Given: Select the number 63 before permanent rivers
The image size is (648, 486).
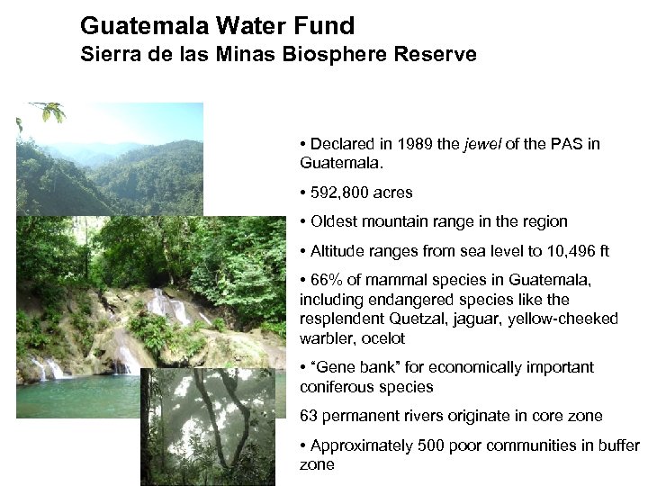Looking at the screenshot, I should click(308, 416).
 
